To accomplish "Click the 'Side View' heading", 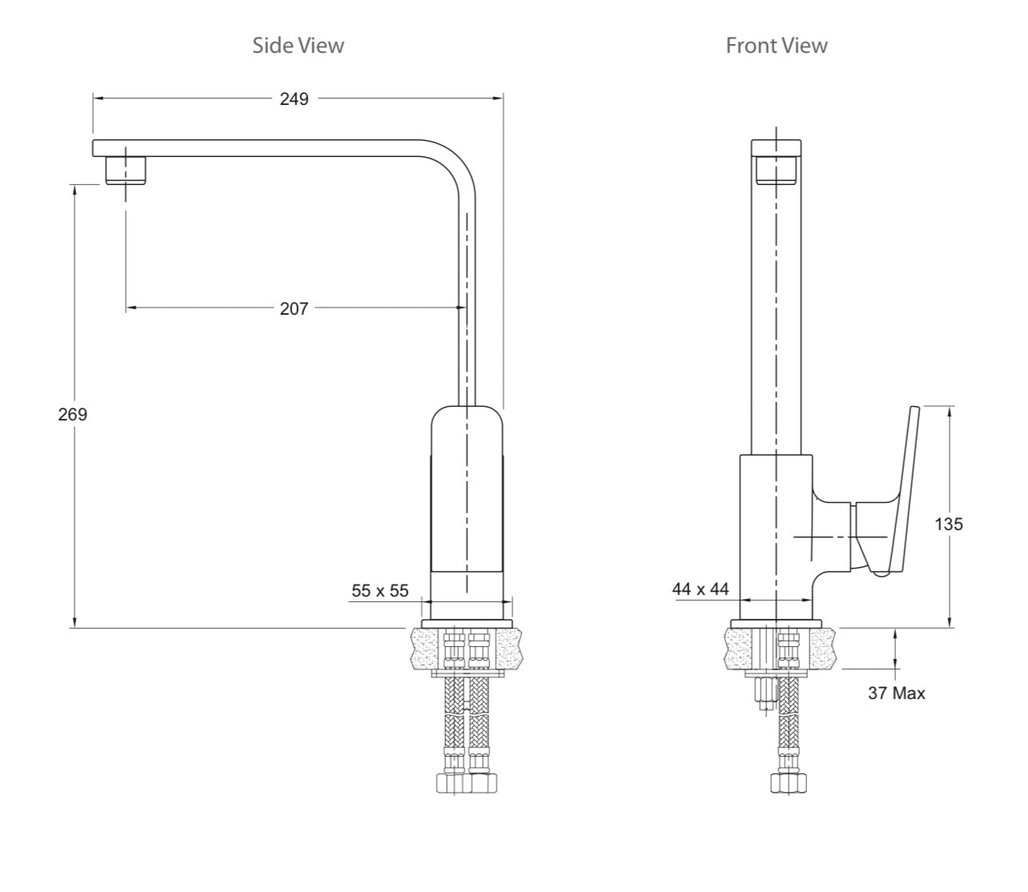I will tap(298, 45).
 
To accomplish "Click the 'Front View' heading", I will tap(776, 46).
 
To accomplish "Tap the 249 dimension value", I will tap(294, 98).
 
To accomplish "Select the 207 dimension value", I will tap(294, 308).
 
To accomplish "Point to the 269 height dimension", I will tap(72, 415).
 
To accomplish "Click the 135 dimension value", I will tap(949, 524).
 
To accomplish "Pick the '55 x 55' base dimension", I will tap(379, 591).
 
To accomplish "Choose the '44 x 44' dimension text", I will tap(701, 589).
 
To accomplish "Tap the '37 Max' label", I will tap(896, 693).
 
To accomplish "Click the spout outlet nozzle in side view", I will tap(126, 171).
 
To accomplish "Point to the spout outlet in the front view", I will tap(776, 169).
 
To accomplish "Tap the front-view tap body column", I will tap(775, 536).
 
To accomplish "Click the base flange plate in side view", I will tap(467, 623).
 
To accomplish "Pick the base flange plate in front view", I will tap(776, 623).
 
